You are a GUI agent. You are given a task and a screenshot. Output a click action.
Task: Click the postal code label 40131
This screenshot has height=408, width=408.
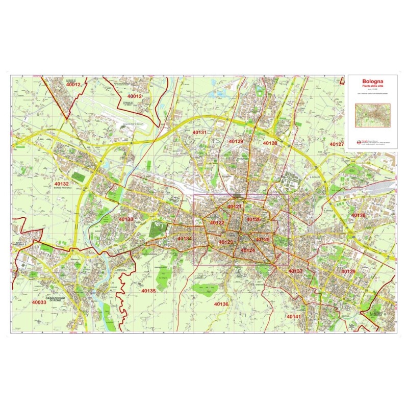point(199,132)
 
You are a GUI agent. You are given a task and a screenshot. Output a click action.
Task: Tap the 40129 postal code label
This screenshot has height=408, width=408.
point(236,141)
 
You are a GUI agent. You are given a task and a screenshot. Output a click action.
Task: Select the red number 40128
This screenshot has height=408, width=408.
point(270,143)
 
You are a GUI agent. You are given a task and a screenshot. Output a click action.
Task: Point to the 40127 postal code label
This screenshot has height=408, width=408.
point(337,144)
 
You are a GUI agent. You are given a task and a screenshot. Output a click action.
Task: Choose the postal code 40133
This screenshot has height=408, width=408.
point(125,219)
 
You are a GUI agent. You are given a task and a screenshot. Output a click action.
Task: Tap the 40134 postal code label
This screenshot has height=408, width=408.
point(184,239)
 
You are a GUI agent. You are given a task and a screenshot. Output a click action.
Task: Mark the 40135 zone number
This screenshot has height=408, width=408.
point(148,291)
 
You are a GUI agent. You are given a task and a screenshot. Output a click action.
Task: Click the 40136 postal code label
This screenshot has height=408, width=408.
point(221,304)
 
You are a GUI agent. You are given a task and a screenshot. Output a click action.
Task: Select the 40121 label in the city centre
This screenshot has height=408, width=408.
point(235,207)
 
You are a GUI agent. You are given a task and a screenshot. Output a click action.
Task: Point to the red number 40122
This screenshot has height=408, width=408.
point(217,223)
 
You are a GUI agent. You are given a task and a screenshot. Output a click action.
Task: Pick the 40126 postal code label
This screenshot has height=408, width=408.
point(253,219)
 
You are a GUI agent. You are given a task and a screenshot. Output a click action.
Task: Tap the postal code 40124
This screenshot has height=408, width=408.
point(247,250)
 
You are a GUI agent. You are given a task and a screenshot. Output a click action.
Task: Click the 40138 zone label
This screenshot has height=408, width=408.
point(359,215)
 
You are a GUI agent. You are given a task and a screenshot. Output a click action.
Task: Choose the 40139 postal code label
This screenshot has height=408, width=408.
point(348,271)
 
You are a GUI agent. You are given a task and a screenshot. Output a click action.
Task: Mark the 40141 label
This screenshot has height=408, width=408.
point(294,317)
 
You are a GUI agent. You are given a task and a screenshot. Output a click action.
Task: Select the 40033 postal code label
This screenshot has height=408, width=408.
point(39,302)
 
